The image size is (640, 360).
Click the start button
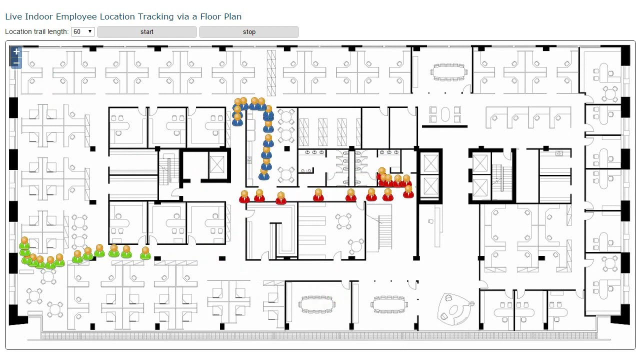coord(147,32)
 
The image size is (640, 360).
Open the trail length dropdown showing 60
coord(83,31)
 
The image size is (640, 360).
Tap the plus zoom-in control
coord(16,51)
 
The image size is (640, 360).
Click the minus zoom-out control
coord(16,62)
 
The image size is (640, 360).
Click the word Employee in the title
coord(76,16)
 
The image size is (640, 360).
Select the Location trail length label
coord(37,31)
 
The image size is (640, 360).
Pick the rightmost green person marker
coord(145,253)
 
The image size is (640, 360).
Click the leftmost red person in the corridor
coord(244,196)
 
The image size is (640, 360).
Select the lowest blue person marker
coord(264,174)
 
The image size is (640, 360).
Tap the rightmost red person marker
coord(408,191)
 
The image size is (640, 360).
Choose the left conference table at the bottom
coord(316,303)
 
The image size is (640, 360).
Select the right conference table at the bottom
coord(389,303)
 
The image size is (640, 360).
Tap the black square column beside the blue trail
coord(286,148)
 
